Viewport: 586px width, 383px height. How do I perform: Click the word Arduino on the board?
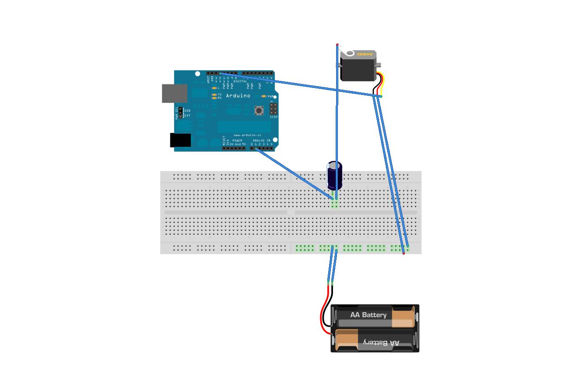point(238,95)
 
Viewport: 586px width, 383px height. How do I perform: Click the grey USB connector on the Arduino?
point(174,93)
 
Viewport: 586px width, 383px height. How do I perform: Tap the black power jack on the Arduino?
point(180,140)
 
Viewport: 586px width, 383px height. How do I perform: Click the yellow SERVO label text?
point(364,55)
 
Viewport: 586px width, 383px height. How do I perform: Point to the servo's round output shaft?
point(350,54)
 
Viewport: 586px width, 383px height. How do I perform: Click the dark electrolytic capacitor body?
point(334,175)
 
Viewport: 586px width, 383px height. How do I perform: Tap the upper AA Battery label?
point(368,315)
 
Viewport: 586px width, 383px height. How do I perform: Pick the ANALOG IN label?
point(262,141)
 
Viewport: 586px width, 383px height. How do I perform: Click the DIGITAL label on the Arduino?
point(240,81)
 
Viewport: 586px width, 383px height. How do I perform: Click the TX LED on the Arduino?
point(214,95)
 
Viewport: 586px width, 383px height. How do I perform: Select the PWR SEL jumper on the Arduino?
point(180,113)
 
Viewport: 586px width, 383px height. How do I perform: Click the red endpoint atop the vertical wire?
point(337,45)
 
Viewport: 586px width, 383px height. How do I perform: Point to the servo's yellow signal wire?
point(383,85)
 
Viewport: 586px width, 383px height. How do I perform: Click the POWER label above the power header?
point(237,141)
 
